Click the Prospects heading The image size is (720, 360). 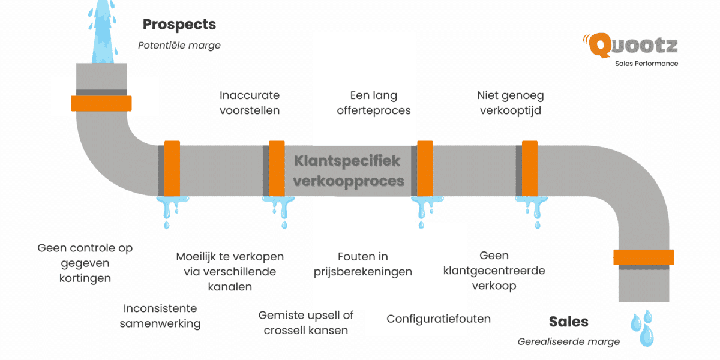(x=179, y=25)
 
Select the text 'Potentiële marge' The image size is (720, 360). (x=179, y=45)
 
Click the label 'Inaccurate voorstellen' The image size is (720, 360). (x=250, y=103)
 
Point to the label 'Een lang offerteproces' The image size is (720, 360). (x=374, y=103)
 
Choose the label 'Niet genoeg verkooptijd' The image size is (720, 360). (x=511, y=103)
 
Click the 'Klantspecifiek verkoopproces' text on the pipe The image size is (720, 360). (x=348, y=170)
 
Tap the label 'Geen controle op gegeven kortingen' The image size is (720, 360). (x=85, y=263)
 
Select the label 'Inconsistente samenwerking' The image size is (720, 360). (x=160, y=316)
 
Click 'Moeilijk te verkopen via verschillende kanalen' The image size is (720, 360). (x=230, y=271)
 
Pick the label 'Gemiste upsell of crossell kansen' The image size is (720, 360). (x=306, y=322)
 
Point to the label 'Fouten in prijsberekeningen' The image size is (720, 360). (x=363, y=264)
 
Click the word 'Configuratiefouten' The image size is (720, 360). (x=439, y=319)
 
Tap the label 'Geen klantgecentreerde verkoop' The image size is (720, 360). (x=494, y=271)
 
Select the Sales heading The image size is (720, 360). (x=568, y=322)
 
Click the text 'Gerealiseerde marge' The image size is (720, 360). (x=568, y=341)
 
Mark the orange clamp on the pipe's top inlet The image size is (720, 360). (x=101, y=103)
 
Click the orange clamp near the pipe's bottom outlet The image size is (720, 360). (x=644, y=257)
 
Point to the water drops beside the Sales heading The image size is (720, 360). (x=642, y=327)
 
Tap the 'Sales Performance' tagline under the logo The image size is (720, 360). (x=646, y=64)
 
